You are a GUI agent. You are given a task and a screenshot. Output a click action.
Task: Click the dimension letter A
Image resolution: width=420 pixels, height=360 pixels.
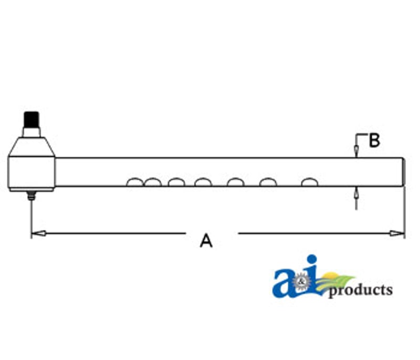coord(206,241)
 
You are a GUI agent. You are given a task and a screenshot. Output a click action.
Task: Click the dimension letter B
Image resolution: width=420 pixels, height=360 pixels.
coord(374,140)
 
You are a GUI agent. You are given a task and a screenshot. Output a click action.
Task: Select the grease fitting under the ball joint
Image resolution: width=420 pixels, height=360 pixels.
coord(31,196)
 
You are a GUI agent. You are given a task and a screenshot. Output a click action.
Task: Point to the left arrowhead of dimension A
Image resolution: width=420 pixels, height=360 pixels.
coord(38,233)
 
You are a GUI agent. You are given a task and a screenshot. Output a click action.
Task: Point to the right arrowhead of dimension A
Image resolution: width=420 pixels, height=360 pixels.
coord(397,233)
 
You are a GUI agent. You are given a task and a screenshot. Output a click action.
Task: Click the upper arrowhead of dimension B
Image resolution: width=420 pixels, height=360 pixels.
coord(356,151)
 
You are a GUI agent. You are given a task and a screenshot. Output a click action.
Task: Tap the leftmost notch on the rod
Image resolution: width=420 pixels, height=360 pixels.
coord(135,182)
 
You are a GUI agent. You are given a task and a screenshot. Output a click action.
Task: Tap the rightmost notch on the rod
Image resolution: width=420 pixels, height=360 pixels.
coord(310,182)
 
